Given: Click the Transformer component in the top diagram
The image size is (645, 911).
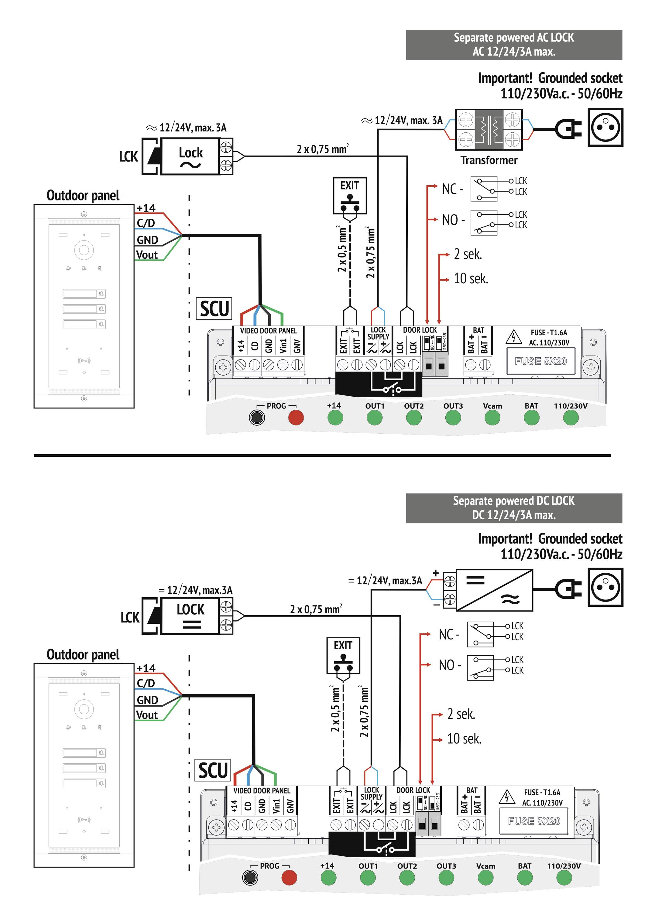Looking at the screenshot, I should (x=489, y=129).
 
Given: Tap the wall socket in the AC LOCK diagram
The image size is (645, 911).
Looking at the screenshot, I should (x=605, y=128).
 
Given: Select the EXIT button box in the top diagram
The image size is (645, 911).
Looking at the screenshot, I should (x=349, y=196).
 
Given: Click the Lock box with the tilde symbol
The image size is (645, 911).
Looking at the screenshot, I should (x=190, y=156).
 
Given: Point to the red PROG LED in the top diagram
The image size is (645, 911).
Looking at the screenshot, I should (x=296, y=418).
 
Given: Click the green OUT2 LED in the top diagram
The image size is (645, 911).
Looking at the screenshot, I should (x=413, y=418).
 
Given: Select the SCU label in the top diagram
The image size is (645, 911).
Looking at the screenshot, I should (x=214, y=309).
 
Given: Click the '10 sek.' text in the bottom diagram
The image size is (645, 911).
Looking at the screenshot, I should (x=464, y=739).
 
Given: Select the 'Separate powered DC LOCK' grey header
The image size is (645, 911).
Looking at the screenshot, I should (x=513, y=508).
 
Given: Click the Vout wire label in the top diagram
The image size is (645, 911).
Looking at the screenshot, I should (x=147, y=255).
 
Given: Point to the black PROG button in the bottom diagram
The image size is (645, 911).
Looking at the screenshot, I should (x=250, y=877).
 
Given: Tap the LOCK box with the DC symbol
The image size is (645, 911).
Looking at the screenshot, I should (x=190, y=616).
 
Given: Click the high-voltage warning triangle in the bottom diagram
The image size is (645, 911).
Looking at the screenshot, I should (x=507, y=797).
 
